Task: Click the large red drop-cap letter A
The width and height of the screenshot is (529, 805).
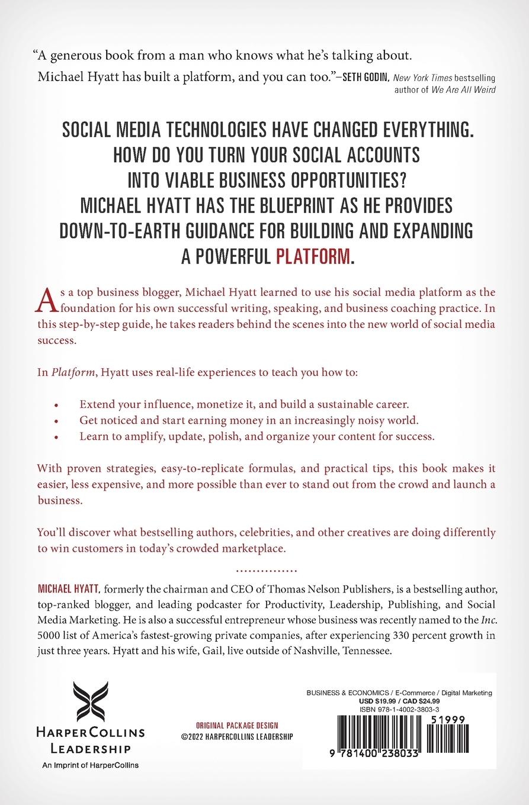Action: coord(44,300)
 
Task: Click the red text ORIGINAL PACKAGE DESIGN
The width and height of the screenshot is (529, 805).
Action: coord(237,726)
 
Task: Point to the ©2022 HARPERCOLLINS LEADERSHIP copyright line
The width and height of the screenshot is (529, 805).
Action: coord(237,736)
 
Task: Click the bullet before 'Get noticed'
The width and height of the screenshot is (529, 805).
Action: coord(56,421)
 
